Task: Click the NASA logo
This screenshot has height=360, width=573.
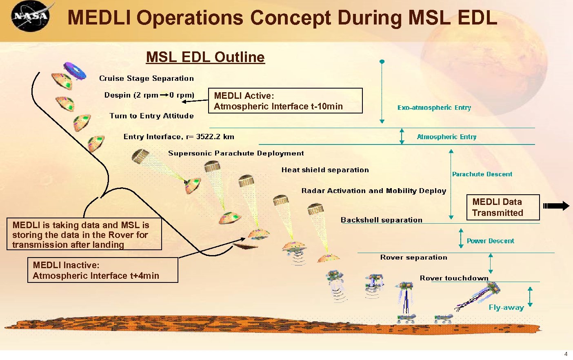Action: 31,16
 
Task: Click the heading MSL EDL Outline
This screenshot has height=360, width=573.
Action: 205,57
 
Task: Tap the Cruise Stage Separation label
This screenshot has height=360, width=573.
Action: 147,78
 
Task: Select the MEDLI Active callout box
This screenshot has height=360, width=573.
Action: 285,101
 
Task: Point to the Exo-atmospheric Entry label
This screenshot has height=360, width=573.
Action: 434,108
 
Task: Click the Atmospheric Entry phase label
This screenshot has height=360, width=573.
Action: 446,137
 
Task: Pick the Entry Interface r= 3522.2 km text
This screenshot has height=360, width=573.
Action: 179,137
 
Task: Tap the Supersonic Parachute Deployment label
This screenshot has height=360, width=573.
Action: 236,153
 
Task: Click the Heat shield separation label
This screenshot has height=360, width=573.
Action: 325,170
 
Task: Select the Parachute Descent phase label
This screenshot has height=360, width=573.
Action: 482,174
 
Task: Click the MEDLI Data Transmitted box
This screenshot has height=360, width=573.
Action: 503,207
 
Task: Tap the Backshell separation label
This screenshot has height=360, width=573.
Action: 382,220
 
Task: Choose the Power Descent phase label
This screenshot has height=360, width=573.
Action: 490,241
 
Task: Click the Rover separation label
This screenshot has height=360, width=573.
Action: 413,258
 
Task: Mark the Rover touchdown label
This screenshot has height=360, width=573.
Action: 454,278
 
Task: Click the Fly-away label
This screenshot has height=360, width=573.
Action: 506,308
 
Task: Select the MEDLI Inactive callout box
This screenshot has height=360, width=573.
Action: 102,270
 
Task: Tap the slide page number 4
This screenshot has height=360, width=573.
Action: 566,354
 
